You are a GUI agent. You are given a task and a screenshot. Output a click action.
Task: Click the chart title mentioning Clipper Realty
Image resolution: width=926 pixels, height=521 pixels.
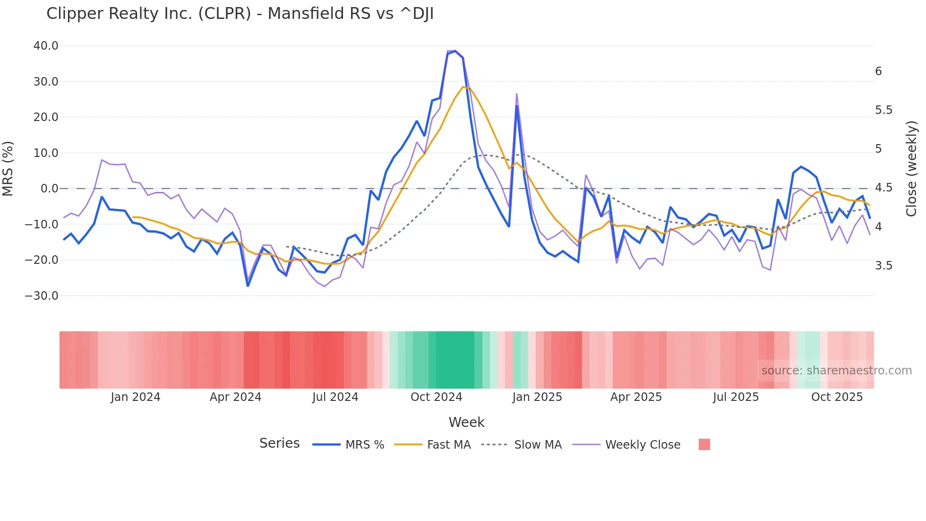240,14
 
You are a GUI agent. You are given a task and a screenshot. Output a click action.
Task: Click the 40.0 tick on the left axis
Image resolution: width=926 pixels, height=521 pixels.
46,46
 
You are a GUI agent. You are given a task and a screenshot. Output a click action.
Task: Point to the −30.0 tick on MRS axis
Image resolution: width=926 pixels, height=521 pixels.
42,296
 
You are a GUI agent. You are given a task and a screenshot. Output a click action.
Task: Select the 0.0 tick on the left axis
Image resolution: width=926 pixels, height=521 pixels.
50,189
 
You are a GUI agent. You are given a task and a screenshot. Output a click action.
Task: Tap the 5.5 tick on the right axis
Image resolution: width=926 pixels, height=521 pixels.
883,110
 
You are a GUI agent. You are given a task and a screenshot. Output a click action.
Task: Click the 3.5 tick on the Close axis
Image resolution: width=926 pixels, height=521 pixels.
883,266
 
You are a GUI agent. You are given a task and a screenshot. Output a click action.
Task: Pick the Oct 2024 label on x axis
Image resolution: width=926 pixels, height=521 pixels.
436,397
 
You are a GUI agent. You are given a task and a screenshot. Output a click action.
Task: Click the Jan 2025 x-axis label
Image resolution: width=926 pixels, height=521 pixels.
537,397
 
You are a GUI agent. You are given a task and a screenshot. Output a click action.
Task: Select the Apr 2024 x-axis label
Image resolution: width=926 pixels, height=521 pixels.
235,397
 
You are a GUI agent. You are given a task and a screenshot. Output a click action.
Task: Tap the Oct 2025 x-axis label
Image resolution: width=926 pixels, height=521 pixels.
837,397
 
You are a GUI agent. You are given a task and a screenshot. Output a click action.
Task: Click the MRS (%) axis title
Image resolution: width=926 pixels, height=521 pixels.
8,168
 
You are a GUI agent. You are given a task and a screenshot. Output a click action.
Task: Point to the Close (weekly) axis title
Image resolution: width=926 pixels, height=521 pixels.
911,169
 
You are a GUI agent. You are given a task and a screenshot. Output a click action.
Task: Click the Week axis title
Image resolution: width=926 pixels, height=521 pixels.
466,422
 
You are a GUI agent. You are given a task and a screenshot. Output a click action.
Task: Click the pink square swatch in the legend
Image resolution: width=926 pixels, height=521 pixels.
704,444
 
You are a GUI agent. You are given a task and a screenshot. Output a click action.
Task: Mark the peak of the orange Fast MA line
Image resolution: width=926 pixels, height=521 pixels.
463,87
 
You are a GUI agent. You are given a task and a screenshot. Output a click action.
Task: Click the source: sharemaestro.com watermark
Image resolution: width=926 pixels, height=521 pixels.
836,371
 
